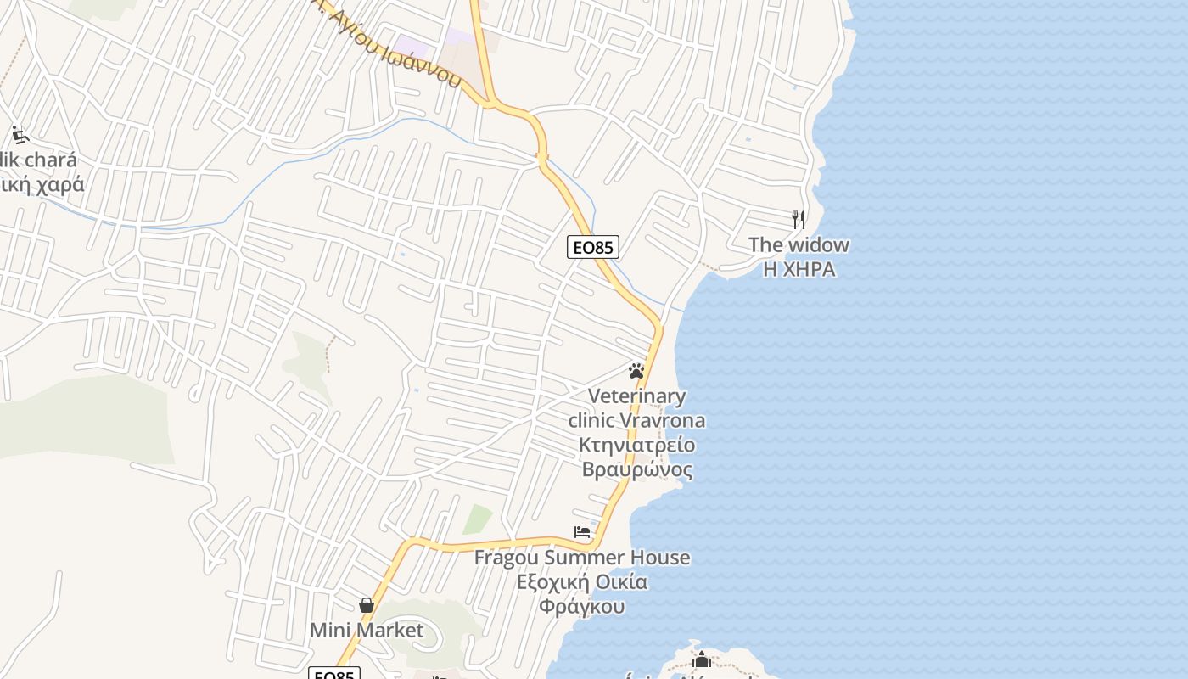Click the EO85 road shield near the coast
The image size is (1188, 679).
(593, 247)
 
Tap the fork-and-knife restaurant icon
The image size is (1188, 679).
(799, 220)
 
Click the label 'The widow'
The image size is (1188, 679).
(799, 245)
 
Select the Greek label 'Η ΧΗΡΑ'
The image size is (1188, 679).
(799, 270)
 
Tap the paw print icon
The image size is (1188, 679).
(636, 371)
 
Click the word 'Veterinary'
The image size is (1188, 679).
(636, 396)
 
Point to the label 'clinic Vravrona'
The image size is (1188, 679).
(636, 420)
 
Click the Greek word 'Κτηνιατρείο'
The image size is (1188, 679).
(636, 445)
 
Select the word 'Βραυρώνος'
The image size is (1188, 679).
(636, 469)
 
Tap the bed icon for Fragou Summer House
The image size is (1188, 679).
(582, 533)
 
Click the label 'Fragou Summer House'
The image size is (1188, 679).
(582, 558)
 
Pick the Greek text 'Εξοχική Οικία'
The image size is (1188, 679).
(582, 582)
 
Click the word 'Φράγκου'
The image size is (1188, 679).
(582, 607)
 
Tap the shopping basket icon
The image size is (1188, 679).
(367, 605)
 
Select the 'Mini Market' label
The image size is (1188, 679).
(367, 631)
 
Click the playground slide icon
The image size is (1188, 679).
(20, 135)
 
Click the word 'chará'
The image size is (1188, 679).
(50, 160)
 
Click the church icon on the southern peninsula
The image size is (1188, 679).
(702, 659)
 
